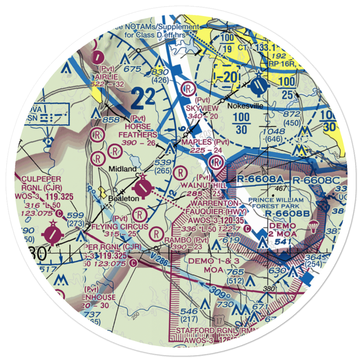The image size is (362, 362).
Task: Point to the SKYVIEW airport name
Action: click(202, 108)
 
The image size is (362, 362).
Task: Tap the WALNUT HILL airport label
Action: click(212, 185)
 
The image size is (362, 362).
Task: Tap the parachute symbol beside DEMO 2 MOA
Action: click(312, 227)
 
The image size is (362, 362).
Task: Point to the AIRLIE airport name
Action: click(106, 77)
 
